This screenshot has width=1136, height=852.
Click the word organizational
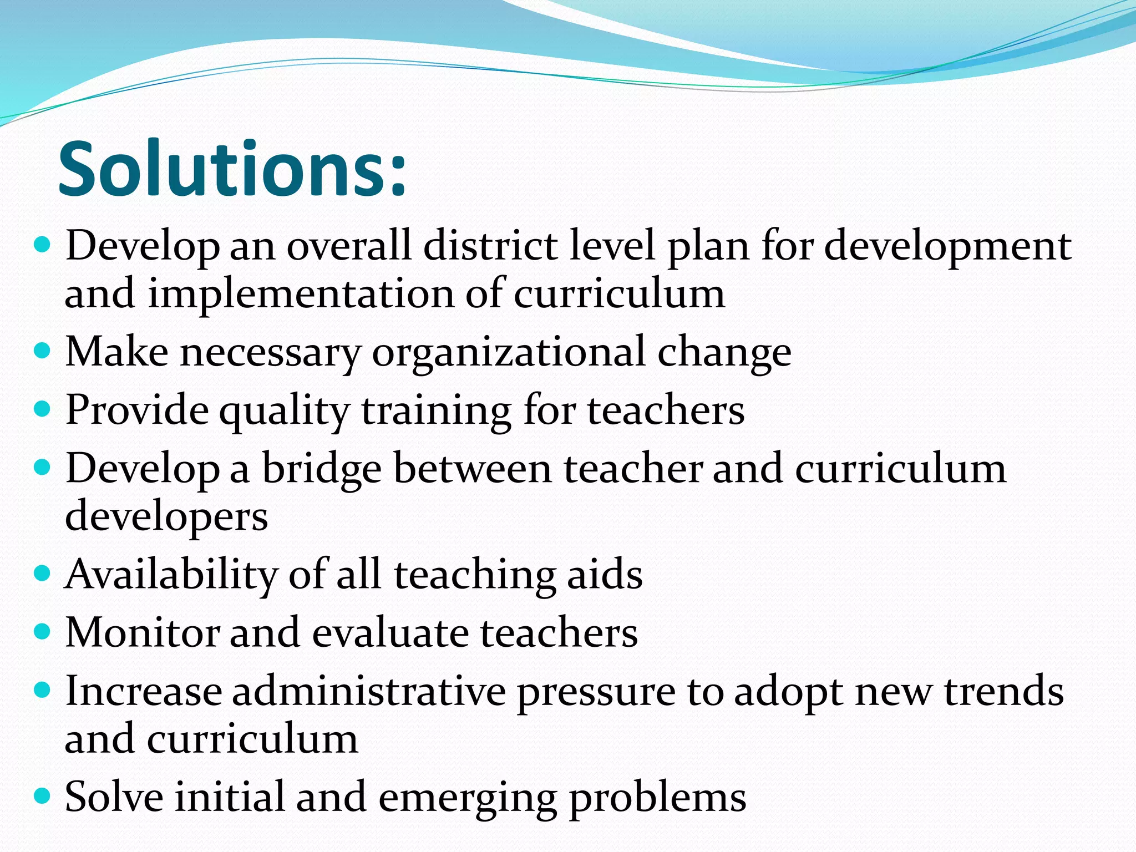click(x=509, y=352)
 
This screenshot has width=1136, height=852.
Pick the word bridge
click(x=322, y=469)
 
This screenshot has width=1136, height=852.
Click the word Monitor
click(x=142, y=633)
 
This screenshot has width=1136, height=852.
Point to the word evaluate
click(x=390, y=633)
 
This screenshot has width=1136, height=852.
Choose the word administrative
click(x=369, y=692)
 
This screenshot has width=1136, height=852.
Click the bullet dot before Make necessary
click(x=42, y=351)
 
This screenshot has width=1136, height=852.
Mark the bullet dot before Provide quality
click(x=42, y=410)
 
